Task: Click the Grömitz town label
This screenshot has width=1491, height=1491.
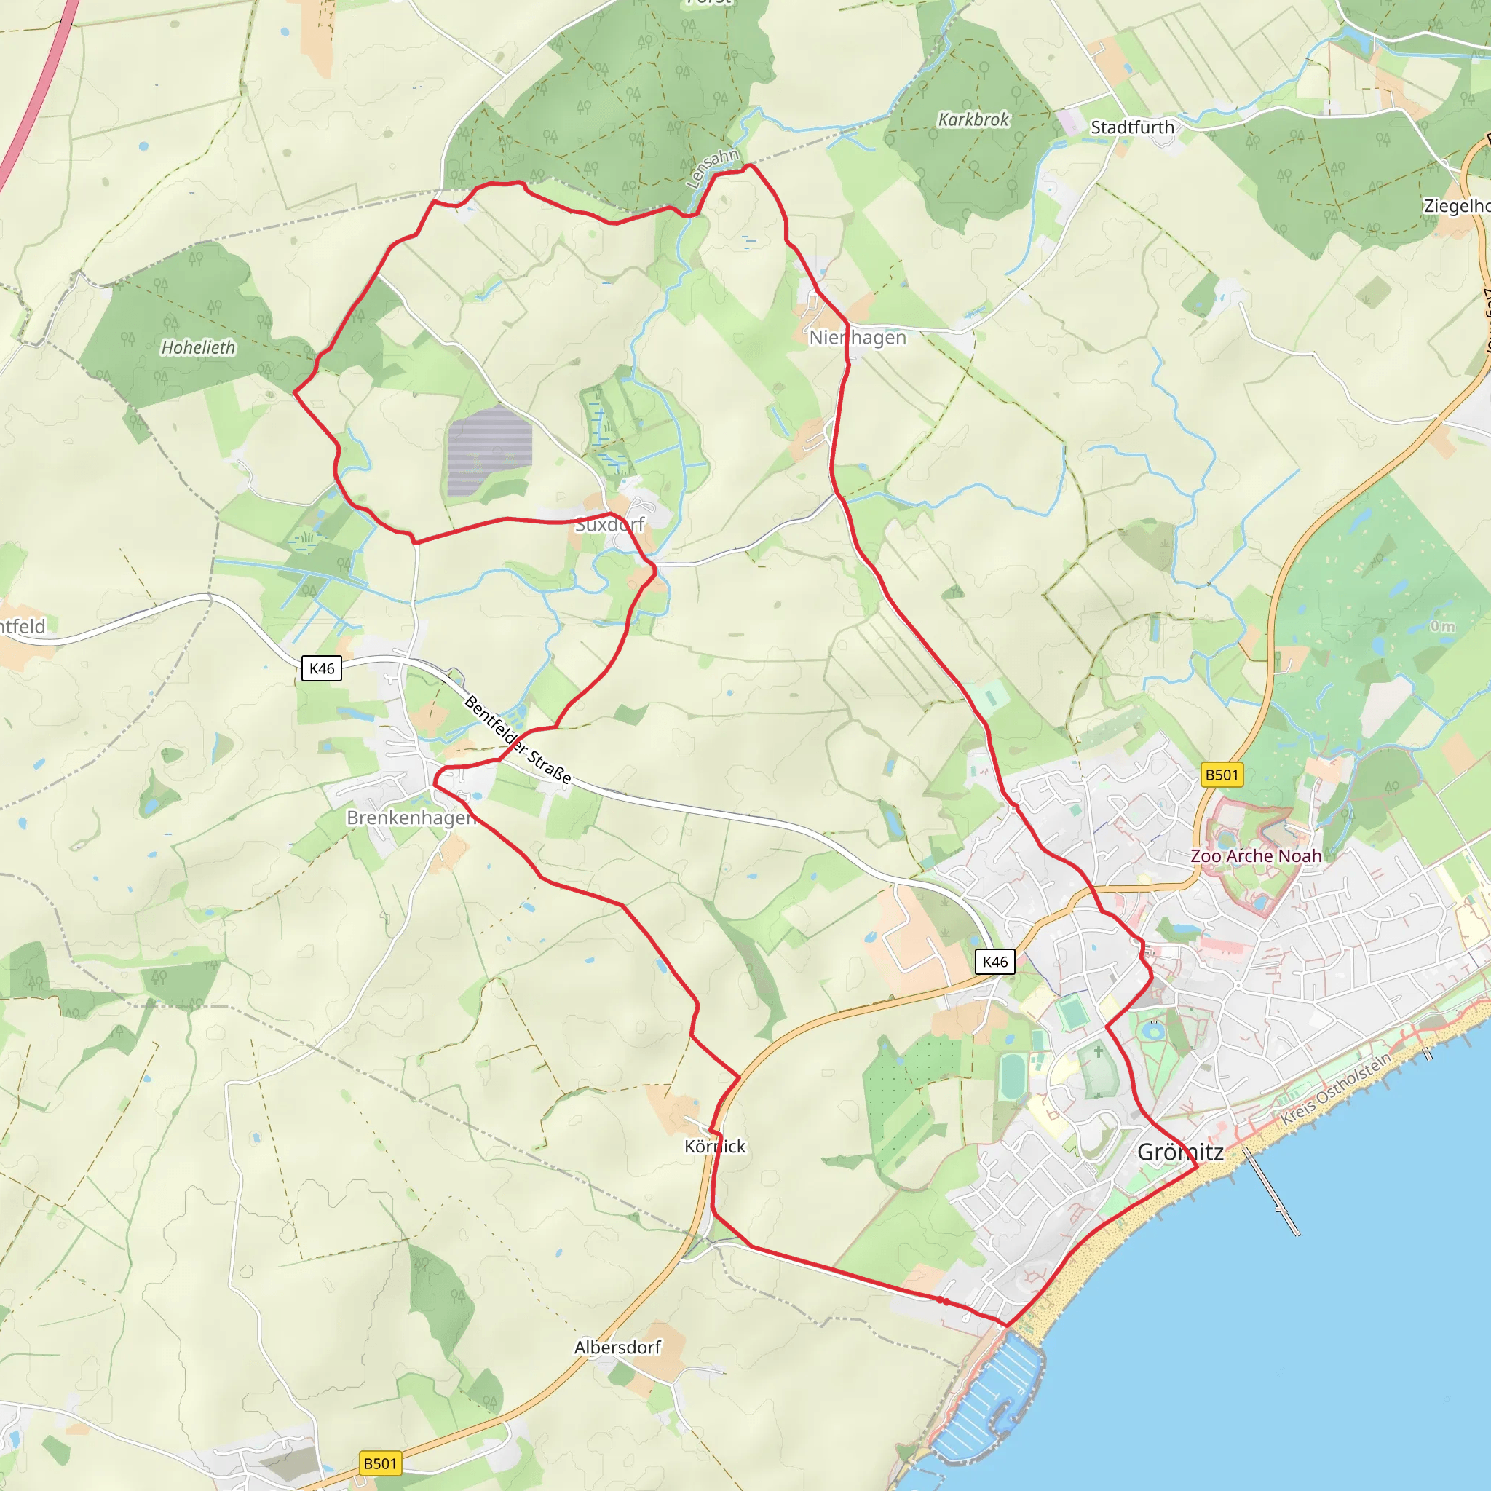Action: (1180, 1152)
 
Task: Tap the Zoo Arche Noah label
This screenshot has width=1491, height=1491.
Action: (1256, 856)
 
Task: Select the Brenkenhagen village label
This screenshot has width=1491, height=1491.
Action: (411, 818)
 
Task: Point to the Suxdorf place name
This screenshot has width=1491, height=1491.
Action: (609, 525)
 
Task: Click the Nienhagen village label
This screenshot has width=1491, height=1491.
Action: (858, 338)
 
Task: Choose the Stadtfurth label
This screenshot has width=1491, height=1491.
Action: (1132, 127)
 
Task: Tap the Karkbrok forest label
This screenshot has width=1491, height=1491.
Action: (973, 119)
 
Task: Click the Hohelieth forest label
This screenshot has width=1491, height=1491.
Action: (198, 348)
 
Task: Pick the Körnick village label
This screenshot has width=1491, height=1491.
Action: (715, 1147)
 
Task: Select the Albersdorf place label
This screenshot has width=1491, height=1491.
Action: (617, 1348)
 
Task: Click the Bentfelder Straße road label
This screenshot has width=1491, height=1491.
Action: (518, 740)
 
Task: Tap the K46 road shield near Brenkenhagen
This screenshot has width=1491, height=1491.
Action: (321, 668)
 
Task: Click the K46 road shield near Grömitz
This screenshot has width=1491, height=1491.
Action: (994, 962)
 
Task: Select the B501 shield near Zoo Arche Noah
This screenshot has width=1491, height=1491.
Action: (1222, 775)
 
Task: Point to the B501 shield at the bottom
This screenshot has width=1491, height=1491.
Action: (381, 1463)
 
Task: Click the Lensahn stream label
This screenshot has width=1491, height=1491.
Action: (712, 167)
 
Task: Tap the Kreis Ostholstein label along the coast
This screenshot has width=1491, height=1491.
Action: (1336, 1089)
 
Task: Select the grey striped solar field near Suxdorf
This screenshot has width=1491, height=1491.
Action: (489, 451)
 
